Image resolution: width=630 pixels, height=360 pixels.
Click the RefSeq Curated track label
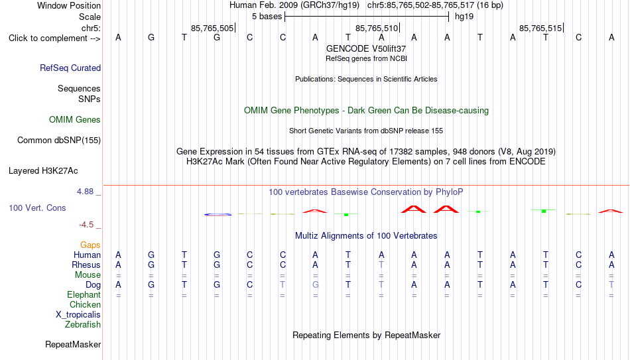click(70, 68)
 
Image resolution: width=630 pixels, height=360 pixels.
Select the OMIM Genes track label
click(75, 120)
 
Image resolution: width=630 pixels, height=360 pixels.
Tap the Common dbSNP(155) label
click(59, 141)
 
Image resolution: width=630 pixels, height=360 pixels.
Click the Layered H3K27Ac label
click(43, 171)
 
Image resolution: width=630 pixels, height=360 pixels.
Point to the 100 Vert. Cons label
click(37, 208)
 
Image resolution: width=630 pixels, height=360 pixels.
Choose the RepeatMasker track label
click(73, 344)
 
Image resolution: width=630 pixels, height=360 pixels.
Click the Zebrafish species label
click(83, 324)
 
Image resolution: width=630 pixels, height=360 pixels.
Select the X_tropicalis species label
click(78, 315)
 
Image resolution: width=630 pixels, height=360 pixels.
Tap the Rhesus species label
click(86, 265)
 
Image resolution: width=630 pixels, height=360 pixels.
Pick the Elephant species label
click(84, 295)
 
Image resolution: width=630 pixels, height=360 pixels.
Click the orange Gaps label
click(90, 245)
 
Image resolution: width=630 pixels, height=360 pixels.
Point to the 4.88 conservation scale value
click(86, 192)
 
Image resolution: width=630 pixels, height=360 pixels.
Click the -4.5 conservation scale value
click(86, 225)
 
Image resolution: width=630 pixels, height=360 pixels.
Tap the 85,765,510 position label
click(377, 28)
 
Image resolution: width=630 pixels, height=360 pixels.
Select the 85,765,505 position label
click(212, 28)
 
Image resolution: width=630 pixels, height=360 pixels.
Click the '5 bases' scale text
click(267, 17)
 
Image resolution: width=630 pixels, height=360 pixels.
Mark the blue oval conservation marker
click(218, 215)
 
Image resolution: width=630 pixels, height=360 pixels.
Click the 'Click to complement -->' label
click(54, 38)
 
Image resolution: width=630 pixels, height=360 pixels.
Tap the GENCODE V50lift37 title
click(366, 48)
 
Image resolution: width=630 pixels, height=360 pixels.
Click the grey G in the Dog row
click(316, 285)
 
